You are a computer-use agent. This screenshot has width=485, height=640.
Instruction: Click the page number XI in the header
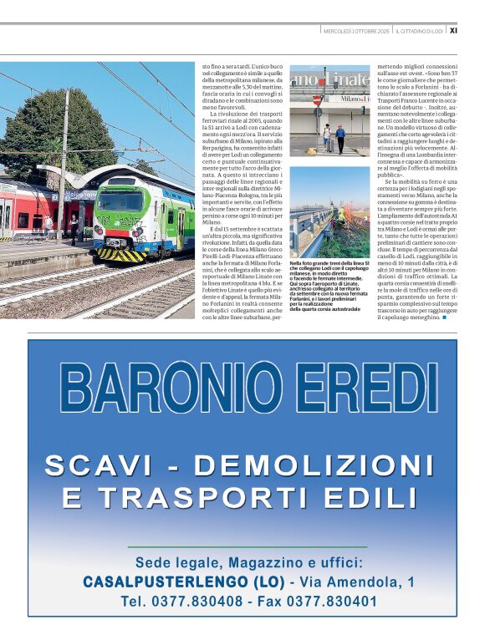pyautogui.click(x=453, y=31)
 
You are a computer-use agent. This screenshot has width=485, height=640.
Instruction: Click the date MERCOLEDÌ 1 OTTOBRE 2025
pyautogui.click(x=355, y=31)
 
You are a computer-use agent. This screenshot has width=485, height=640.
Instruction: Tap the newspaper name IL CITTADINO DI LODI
pyautogui.click(x=420, y=31)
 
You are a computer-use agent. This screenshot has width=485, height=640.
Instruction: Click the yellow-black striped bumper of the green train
pyautogui.click(x=121, y=254)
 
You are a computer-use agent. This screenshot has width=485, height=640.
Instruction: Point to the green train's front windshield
pyautogui.click(x=121, y=202)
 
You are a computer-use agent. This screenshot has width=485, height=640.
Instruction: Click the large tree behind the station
pyautogui.click(x=42, y=130)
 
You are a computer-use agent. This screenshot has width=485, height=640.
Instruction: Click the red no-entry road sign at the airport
pyautogui.click(x=316, y=99)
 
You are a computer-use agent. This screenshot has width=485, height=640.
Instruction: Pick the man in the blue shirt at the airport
pyautogui.click(x=340, y=136)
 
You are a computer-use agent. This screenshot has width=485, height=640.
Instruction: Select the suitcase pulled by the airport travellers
pyautogui.click(x=329, y=144)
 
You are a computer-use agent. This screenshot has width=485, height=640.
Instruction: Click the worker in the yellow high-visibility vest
pyautogui.click(x=340, y=215)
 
